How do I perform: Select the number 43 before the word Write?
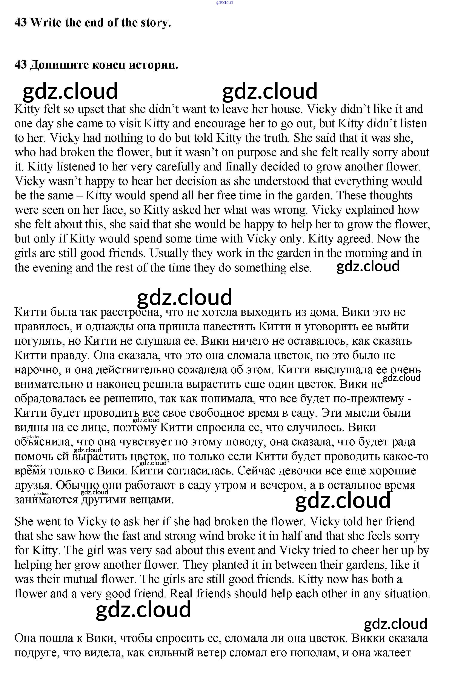(x=20, y=22)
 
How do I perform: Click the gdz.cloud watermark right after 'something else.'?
(x=368, y=267)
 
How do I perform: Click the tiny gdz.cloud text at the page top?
(x=224, y=2)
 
